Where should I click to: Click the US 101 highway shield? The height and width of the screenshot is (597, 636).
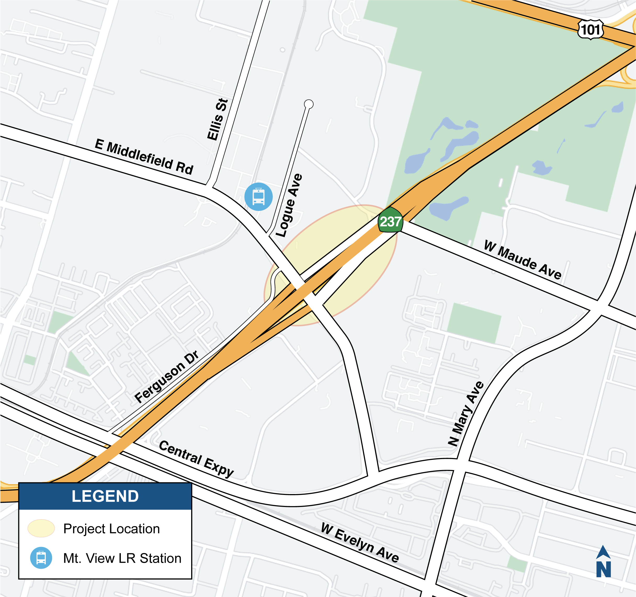pos(590,30)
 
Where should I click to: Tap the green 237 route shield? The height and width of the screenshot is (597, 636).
pos(390,221)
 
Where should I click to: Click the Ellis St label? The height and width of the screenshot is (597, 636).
pos(218,119)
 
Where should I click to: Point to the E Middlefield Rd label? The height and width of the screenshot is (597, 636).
pos(144,157)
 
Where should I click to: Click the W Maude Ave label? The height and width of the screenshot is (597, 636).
pos(523,260)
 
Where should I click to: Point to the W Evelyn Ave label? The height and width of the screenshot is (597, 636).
pos(360,543)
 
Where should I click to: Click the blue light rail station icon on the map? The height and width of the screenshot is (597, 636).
pos(258,197)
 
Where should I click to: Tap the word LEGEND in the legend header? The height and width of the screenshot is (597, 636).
pos(105,496)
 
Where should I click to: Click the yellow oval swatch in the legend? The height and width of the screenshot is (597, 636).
pos(41,528)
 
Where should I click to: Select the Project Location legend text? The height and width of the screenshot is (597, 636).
pos(111,528)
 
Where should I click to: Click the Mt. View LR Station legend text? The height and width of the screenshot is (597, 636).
pos(122,558)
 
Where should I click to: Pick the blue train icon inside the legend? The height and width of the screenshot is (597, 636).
pos(41,558)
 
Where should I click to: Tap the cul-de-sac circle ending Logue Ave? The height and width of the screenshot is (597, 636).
pos(308,104)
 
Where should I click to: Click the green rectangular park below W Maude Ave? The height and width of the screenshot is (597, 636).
pos(474,323)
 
